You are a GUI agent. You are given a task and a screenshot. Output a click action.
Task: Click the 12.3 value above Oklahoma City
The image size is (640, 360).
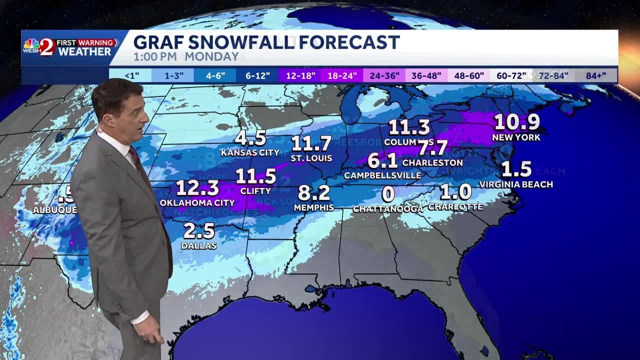click(197, 188)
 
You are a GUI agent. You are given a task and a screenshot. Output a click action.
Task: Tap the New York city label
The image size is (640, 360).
click(516, 137)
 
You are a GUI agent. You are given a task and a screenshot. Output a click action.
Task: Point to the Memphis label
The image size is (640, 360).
click(313, 207)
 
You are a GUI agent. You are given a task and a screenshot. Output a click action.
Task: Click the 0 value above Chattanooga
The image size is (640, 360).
click(388, 194)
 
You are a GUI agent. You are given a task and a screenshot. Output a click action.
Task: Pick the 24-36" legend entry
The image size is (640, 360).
click(384, 76)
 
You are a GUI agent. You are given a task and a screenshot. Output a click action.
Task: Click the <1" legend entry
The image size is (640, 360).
click(131, 76)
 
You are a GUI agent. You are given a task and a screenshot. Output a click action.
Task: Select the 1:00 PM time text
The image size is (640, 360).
click(155, 57)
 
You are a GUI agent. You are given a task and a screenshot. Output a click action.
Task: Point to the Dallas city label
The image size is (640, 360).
click(199, 245)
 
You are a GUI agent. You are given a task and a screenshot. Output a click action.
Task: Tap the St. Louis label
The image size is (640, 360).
click(311, 158)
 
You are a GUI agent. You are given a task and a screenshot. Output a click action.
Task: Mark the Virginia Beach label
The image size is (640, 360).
click(516, 184)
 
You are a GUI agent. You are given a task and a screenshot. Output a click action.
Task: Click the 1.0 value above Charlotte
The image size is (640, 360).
click(456, 192)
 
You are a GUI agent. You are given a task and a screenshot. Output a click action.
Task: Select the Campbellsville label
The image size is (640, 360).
click(382, 175)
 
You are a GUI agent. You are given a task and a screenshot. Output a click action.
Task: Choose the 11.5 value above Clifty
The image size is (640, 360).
click(255, 176)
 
